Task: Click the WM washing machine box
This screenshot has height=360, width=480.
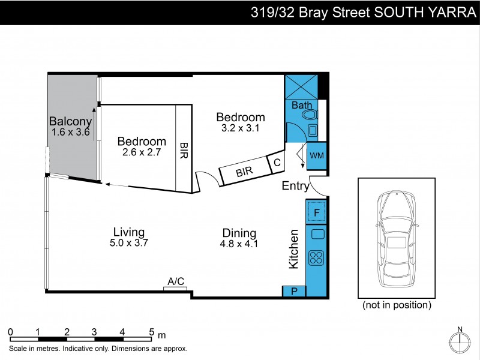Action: [x=316, y=156]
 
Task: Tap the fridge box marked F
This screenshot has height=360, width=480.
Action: [x=316, y=211]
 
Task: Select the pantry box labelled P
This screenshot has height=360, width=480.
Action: [x=294, y=292]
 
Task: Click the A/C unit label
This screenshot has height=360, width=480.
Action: [x=176, y=281]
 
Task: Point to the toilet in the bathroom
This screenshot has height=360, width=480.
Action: [x=310, y=115]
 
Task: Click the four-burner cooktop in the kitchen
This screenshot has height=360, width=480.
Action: [x=316, y=258]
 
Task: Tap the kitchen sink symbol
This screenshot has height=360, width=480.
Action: [x=317, y=234]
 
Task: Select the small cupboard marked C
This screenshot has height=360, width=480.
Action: [x=277, y=162]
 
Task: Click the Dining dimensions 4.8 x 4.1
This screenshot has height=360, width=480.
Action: [x=239, y=244]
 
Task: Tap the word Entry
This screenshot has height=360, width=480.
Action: [x=295, y=186]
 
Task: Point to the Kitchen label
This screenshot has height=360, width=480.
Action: [x=294, y=248]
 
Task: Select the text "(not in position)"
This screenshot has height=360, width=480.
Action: [x=397, y=305]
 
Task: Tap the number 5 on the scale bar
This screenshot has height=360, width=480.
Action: [x=151, y=331]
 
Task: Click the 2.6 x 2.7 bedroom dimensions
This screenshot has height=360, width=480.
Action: [x=142, y=152]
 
